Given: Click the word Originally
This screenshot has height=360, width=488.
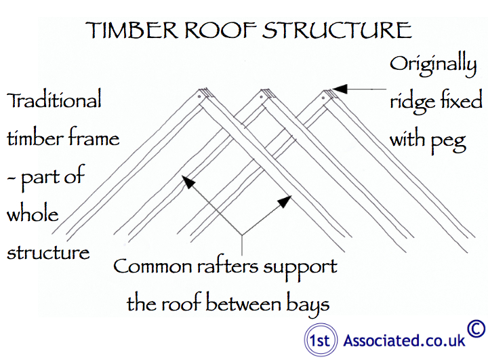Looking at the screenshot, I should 433,66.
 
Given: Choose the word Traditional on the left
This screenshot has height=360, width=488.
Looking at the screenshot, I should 54,101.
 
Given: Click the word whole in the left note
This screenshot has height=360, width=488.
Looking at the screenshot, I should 33,215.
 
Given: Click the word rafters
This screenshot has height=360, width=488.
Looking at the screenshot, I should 220,266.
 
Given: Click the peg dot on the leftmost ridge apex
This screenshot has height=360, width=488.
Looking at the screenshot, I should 201,98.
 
